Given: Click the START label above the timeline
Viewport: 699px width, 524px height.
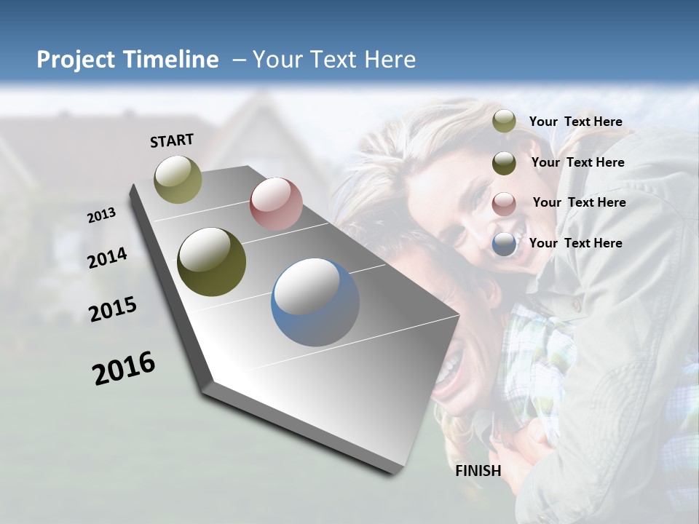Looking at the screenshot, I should pyautogui.click(x=172, y=140).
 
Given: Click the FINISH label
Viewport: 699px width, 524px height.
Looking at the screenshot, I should pyautogui.click(x=478, y=471).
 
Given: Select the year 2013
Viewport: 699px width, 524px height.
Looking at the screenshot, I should pyautogui.click(x=102, y=215).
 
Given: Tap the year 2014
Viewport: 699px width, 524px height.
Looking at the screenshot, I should pyautogui.click(x=108, y=258).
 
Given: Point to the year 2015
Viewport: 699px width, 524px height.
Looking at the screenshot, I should pyautogui.click(x=113, y=309).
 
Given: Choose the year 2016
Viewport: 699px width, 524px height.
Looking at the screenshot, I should pyautogui.click(x=124, y=368).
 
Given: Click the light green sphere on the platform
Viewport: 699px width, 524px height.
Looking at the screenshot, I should pyautogui.click(x=178, y=179).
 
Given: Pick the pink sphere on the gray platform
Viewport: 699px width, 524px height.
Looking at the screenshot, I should pyautogui.click(x=276, y=204).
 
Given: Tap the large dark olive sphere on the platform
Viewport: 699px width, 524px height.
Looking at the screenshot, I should pyautogui.click(x=212, y=262).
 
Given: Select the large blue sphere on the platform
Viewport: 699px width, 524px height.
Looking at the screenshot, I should pyautogui.click(x=315, y=302).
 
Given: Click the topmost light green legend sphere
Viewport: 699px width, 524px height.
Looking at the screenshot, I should pyautogui.click(x=504, y=122).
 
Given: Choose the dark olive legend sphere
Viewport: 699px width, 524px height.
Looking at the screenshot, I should pyautogui.click(x=504, y=162).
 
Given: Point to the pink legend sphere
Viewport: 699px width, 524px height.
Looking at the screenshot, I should pyautogui.click(x=504, y=203).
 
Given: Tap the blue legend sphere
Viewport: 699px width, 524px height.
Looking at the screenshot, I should pyautogui.click(x=504, y=244).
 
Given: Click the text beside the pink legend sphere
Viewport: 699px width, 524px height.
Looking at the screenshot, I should pyautogui.click(x=579, y=202).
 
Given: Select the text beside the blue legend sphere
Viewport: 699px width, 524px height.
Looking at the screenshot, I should pyautogui.click(x=575, y=243).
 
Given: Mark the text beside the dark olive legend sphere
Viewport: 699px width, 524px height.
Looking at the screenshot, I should pyautogui.click(x=577, y=162).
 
